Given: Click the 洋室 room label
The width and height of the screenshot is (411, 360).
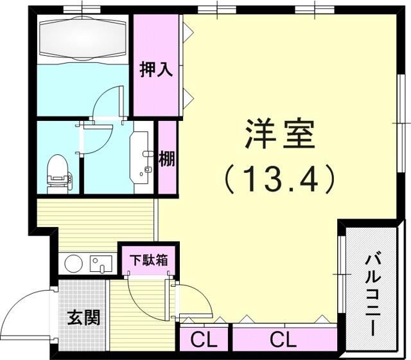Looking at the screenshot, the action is pyautogui.click(x=279, y=134).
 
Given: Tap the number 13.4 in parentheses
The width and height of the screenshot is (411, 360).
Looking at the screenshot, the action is pyautogui.click(x=279, y=179).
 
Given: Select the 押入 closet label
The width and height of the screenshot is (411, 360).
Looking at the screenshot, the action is pyautogui.click(x=156, y=70).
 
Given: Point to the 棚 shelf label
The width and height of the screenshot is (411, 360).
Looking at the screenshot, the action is pyautogui.click(x=167, y=159).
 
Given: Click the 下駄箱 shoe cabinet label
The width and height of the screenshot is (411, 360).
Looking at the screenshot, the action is pyautogui.click(x=149, y=260).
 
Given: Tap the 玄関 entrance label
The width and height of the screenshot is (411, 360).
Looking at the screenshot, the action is pyautogui.click(x=83, y=318).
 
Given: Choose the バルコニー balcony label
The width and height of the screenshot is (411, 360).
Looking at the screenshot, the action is pyautogui.click(x=372, y=294).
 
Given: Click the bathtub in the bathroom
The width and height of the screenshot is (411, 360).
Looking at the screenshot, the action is pyautogui.click(x=83, y=39).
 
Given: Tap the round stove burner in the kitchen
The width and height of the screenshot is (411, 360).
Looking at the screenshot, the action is pyautogui.click(x=73, y=264).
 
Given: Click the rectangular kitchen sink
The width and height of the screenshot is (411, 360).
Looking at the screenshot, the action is pyautogui.click(x=101, y=264).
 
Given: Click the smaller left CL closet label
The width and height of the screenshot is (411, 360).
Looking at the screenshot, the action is pyautogui.click(x=204, y=340).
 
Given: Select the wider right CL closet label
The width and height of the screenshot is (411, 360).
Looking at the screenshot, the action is pyautogui.click(x=283, y=340).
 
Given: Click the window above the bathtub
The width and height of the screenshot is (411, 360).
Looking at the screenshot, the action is pyautogui.click(x=82, y=10).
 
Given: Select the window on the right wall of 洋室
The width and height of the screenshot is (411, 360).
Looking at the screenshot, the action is pyautogui.click(x=401, y=123).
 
